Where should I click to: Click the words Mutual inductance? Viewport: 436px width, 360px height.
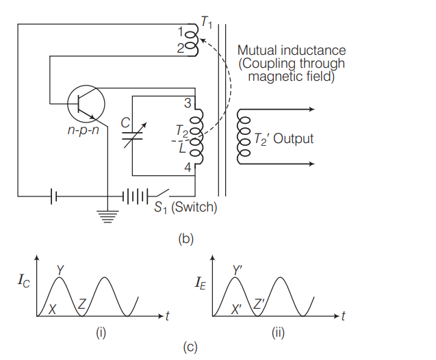[x=292, y=51]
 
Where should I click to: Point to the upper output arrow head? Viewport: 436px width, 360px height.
[x=312, y=110]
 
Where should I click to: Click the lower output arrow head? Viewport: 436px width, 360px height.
[x=312, y=164]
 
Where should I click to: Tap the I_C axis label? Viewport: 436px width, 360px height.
[x=22, y=283]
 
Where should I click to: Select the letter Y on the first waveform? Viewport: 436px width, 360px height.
[x=60, y=271]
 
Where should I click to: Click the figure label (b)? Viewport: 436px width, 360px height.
[x=185, y=240]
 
